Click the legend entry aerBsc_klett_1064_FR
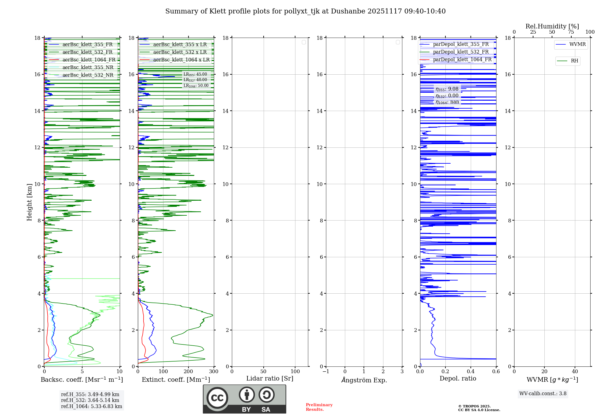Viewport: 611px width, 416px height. point(89,60)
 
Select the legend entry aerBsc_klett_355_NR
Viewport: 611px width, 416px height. point(88,68)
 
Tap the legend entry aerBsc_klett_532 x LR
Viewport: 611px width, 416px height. point(180,52)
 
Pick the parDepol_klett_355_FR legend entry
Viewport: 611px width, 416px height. point(461,44)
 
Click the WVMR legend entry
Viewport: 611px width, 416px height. point(577,44)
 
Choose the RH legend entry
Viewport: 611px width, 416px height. point(574,61)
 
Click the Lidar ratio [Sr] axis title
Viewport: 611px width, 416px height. point(270,379)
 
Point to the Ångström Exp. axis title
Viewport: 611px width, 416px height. point(364,380)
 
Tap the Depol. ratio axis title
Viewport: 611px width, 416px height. point(458,379)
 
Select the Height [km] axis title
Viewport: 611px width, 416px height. point(29,202)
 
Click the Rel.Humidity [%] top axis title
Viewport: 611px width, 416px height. point(552,26)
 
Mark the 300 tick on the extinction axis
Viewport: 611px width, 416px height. point(214,372)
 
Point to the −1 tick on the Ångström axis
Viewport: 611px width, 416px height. point(326,372)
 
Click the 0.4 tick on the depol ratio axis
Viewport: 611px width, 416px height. point(470,372)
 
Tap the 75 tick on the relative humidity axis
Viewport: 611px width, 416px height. point(571,32)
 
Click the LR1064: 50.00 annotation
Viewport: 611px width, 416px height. point(196,86)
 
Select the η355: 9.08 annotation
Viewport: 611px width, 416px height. point(447,89)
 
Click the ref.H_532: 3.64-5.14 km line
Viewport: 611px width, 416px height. point(90,400)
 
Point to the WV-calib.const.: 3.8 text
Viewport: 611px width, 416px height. point(543,394)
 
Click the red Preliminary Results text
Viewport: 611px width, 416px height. point(319,407)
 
